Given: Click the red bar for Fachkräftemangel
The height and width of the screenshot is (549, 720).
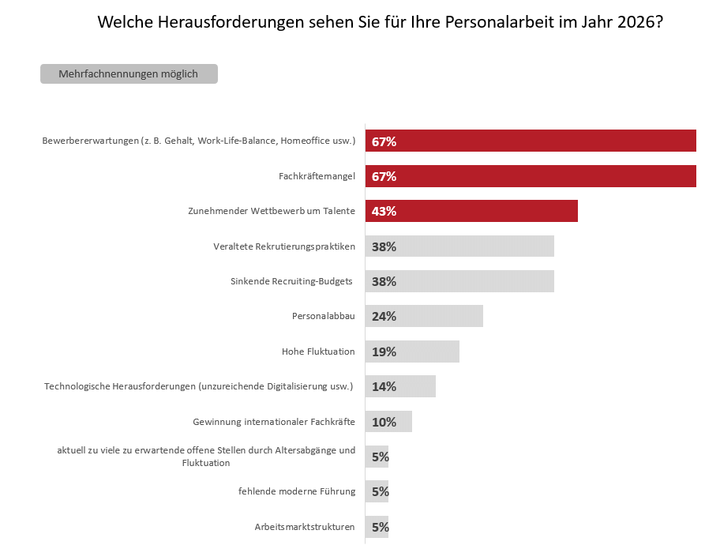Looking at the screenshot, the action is click(531, 176).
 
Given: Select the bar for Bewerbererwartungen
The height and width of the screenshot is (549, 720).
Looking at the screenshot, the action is click(531, 141).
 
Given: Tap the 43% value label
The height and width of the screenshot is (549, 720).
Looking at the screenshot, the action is click(384, 212).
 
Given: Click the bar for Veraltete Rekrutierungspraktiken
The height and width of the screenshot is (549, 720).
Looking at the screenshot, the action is click(459, 246).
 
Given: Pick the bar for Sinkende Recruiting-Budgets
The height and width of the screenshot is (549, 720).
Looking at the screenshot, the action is click(459, 281).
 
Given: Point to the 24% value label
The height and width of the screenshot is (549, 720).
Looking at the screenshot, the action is click(384, 317).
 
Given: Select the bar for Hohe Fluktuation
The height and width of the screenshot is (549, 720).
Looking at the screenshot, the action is click(412, 352).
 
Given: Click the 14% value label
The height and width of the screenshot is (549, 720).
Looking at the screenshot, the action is click(384, 387).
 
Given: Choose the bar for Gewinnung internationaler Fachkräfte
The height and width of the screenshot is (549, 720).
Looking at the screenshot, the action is click(388, 421).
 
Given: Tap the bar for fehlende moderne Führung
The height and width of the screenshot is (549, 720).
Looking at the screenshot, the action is click(377, 491).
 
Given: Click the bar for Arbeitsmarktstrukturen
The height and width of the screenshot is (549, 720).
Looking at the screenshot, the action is click(377, 527).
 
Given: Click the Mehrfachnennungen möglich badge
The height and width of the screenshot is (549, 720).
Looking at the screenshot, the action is click(129, 74).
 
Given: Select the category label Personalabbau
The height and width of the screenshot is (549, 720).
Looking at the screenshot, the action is click(323, 316).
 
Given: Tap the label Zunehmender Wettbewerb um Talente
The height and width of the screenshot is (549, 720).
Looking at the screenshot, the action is click(272, 211).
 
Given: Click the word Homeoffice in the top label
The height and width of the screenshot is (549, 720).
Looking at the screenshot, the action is click(306, 141).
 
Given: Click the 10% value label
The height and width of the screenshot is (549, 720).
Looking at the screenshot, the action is click(384, 422).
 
